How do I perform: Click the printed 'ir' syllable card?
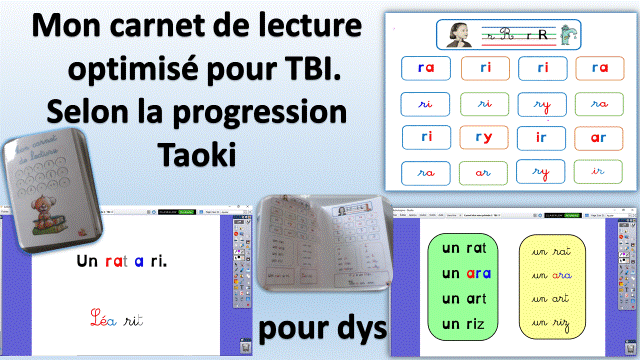click(541, 136)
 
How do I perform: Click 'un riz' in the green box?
click(461, 323)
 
